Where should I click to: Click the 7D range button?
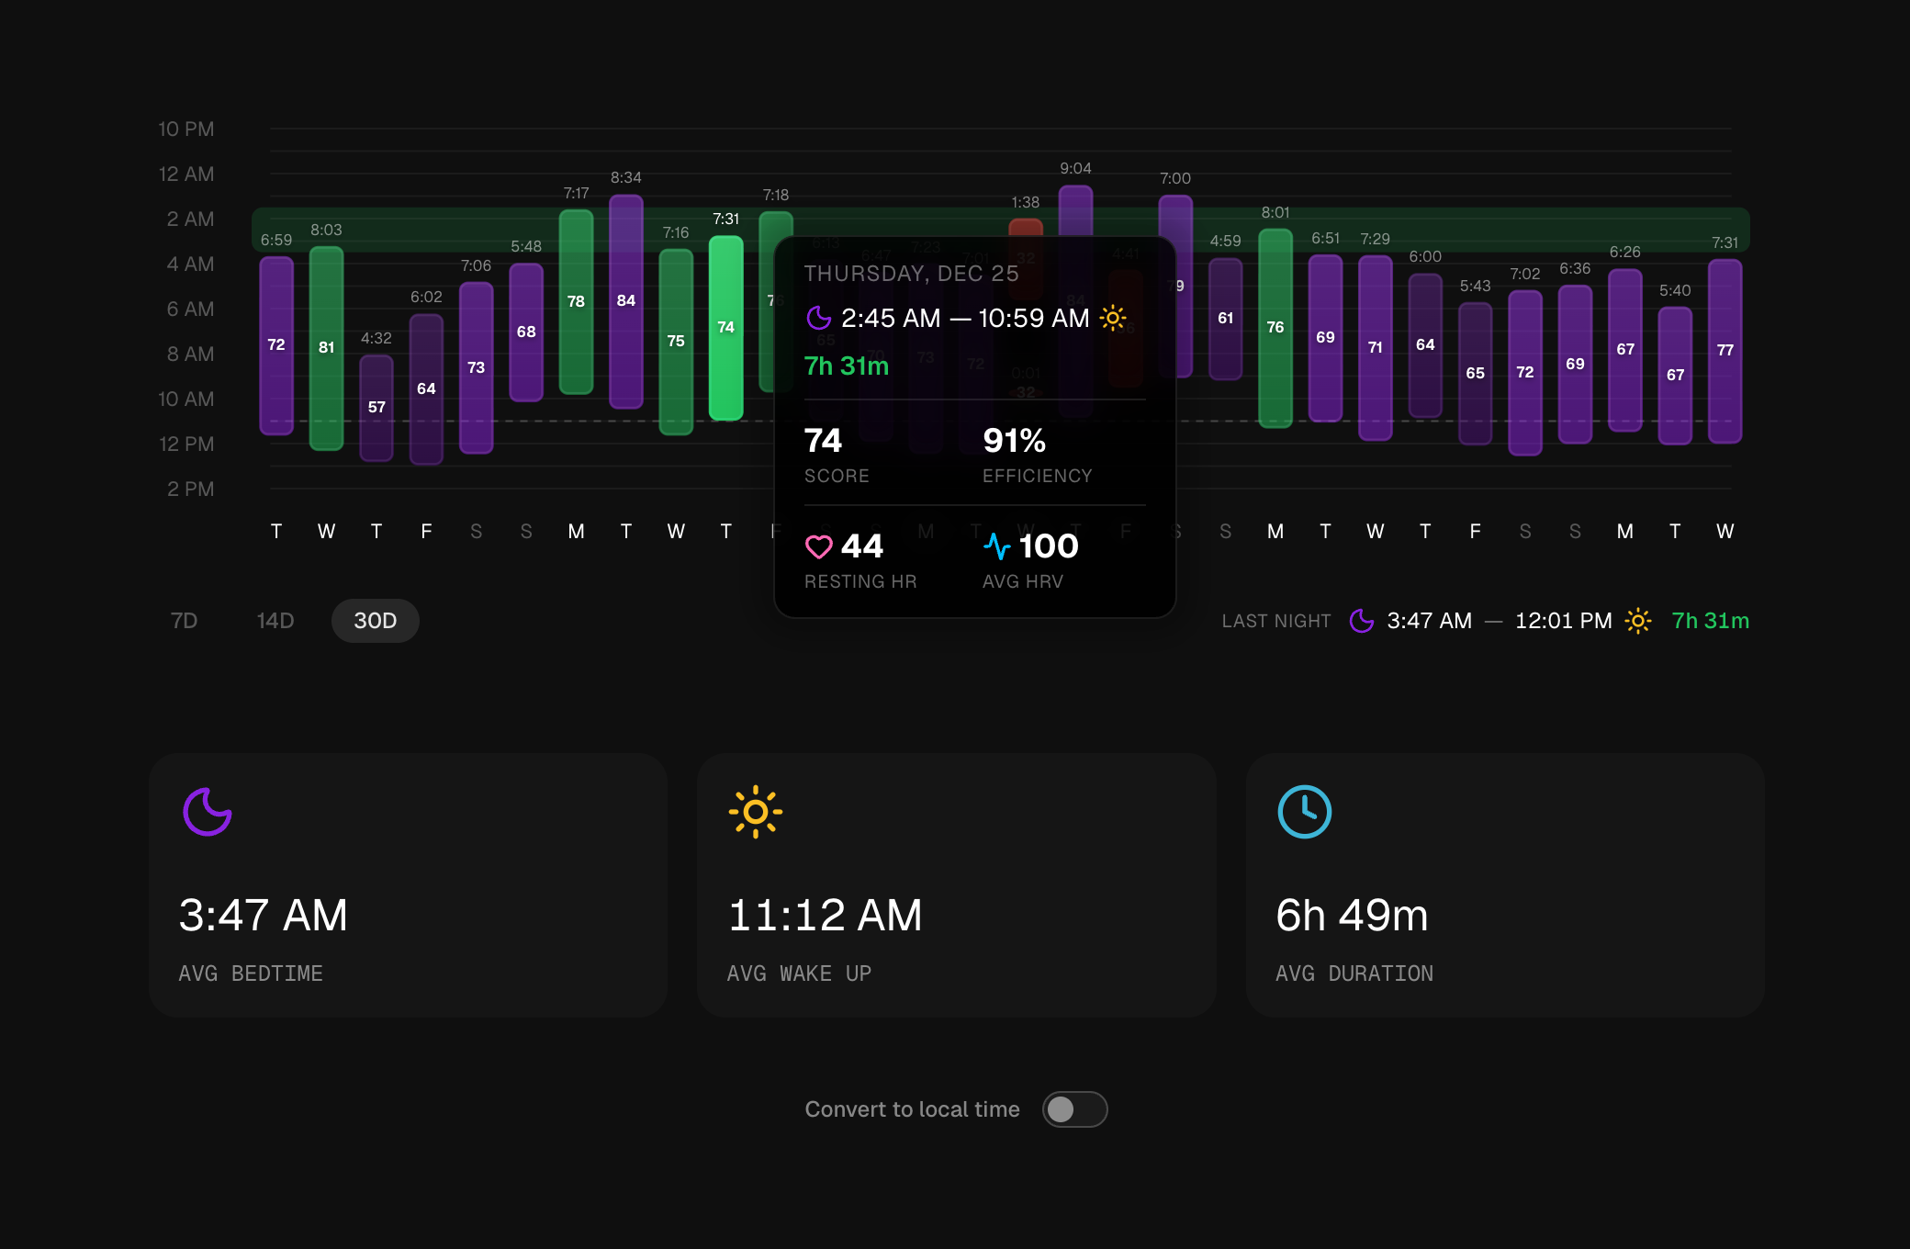184,621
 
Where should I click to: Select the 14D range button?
275,621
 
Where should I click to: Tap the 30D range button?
375,621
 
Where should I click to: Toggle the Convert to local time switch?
1074,1109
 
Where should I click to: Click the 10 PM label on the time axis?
185,129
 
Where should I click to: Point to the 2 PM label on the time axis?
190,489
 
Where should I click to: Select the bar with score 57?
376,408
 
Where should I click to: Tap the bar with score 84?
626,301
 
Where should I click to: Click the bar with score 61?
1225,319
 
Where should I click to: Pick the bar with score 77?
1725,351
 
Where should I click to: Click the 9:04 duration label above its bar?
1075,169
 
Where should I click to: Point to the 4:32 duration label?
376,339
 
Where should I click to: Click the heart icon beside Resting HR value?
818,547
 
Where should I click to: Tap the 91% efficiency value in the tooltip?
1014,442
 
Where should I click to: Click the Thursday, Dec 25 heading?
911,274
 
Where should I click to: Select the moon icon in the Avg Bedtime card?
208,812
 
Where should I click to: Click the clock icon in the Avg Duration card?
1304,812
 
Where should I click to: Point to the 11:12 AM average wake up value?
825,916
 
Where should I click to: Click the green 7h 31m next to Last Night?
1710,621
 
